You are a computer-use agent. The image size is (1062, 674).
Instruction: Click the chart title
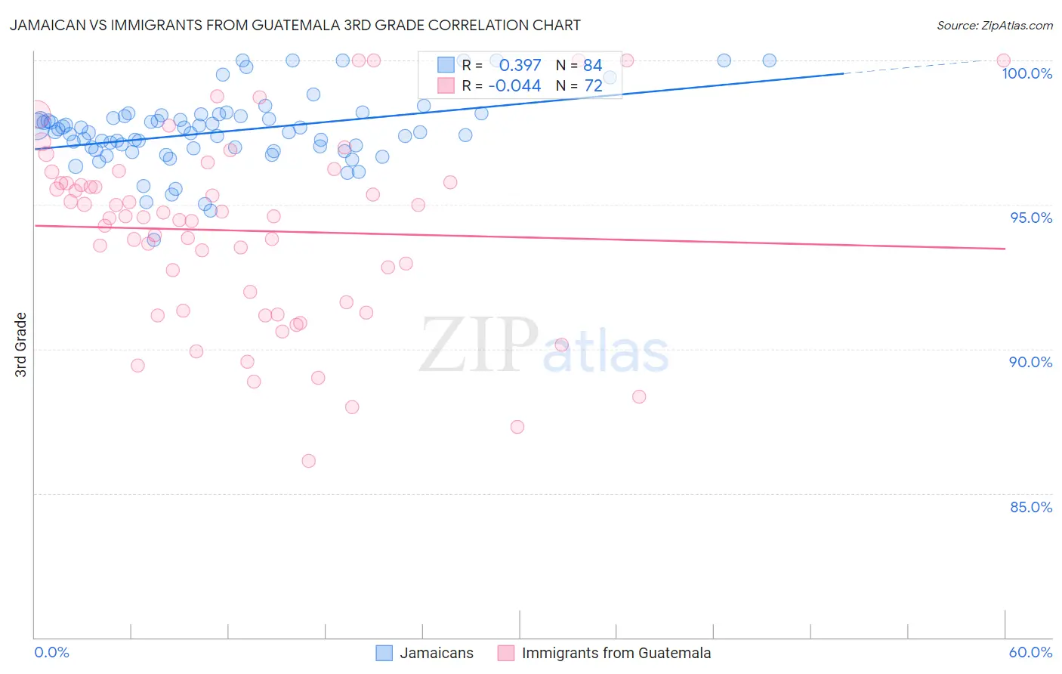click(x=295, y=25)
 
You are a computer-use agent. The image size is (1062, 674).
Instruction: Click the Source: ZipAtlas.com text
click(x=994, y=26)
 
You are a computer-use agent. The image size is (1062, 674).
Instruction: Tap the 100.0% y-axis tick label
click(x=1026, y=73)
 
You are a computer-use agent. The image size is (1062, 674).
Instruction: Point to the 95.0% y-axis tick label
click(x=1031, y=218)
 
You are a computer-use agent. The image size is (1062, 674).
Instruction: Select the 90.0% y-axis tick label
click(x=1030, y=362)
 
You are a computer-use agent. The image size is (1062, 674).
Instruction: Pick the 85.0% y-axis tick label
click(x=1031, y=507)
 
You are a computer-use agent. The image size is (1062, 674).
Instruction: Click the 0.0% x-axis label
click(x=51, y=652)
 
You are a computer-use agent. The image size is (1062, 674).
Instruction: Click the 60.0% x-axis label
click(x=1030, y=652)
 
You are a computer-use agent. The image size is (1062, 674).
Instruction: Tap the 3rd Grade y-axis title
click(x=21, y=345)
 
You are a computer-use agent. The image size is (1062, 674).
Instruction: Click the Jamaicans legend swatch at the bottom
click(x=384, y=653)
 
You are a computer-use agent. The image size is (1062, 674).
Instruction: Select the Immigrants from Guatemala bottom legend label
click(x=616, y=653)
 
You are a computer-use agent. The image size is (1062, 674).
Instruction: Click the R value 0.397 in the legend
click(x=520, y=66)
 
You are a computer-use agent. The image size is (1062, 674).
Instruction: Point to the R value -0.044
click(x=514, y=86)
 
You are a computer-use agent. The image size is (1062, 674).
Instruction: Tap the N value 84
click(x=592, y=66)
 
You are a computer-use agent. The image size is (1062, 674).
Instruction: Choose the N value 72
click(x=593, y=86)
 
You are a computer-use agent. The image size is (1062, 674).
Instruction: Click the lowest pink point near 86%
click(x=308, y=461)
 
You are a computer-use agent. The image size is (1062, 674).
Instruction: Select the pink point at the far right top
click(x=1003, y=60)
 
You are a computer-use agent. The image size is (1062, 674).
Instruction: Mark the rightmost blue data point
click(x=769, y=60)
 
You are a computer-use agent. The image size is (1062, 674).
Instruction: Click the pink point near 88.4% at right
click(x=639, y=397)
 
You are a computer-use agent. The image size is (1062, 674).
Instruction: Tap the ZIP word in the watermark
click(x=479, y=345)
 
